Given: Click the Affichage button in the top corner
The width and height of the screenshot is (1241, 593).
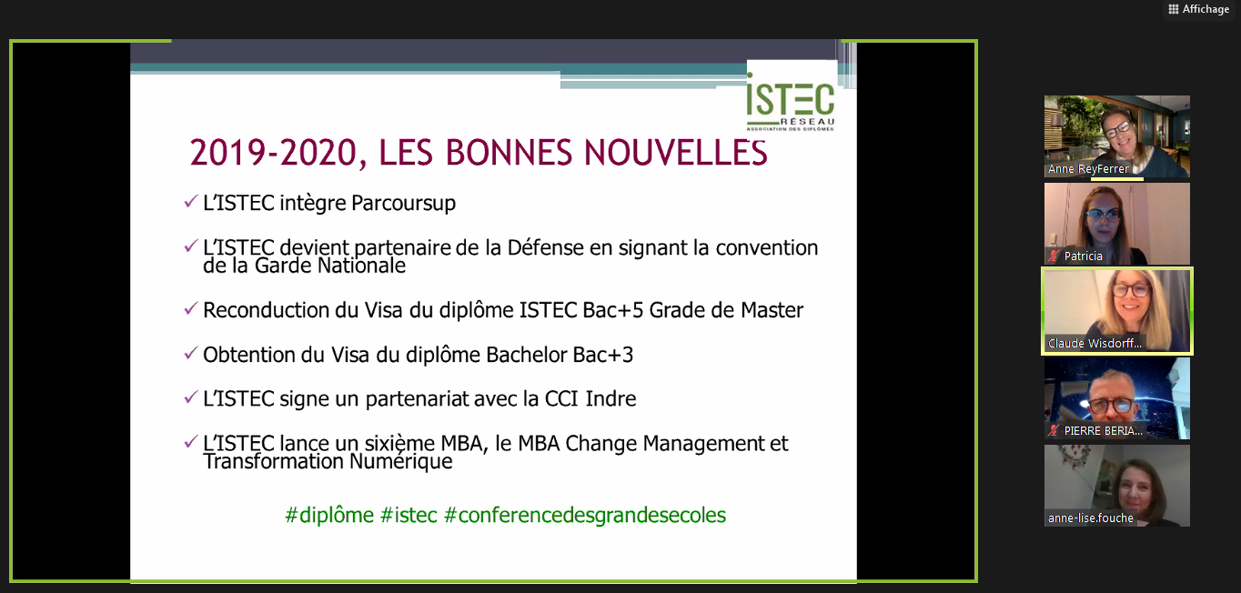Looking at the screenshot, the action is pos(1199,9).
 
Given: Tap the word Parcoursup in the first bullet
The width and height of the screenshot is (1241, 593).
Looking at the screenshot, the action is pos(403,203).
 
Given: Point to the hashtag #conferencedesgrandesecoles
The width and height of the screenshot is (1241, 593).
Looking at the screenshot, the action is pos(585,515).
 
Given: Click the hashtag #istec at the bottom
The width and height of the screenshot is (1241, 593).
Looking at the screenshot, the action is pos(409,515).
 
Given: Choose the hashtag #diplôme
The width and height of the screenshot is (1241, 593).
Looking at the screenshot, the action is pos(329,515).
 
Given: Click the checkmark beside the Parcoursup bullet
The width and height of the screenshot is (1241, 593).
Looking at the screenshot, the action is pos(190,201).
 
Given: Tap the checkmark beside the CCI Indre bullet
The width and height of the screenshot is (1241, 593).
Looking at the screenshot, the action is pos(190,397).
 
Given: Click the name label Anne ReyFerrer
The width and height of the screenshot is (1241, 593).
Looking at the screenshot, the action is pos(1088,169).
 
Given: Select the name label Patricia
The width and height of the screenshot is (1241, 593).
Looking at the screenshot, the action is pos(1083,256).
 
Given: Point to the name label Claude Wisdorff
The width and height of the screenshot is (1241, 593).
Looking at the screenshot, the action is pos(1095,343).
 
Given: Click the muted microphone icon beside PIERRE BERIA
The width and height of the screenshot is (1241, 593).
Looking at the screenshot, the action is pos(1054,430).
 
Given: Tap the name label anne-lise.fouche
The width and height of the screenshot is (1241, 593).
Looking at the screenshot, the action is pos(1090,518).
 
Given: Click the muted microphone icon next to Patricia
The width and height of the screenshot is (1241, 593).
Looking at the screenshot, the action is pos(1054,256).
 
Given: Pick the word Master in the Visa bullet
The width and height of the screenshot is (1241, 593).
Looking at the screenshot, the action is pos(772,310).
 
